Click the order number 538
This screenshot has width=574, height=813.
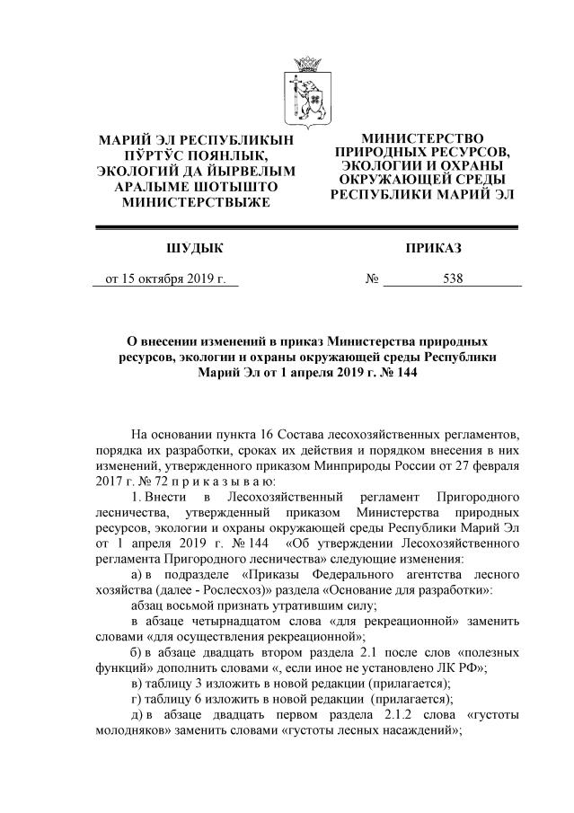click(x=453, y=278)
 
